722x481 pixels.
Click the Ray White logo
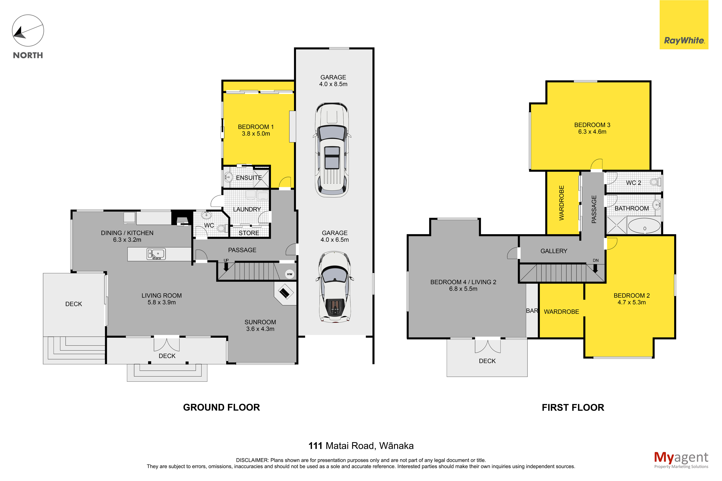684,25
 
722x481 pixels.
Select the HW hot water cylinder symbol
289,274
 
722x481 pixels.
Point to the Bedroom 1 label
256,127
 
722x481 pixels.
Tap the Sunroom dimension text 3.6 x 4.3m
260,329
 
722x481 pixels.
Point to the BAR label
532,311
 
